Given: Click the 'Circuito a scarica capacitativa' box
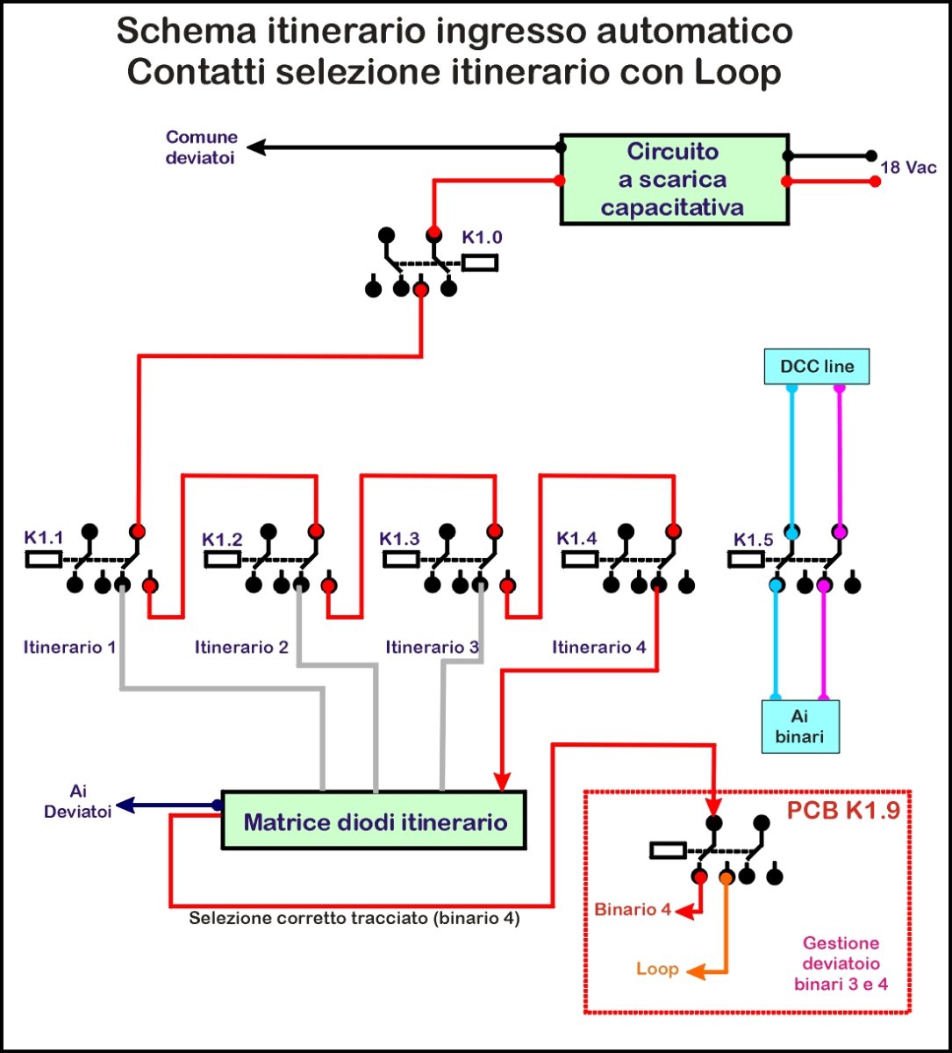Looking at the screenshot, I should pyautogui.click(x=674, y=179).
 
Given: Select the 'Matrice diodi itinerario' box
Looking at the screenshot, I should pyautogui.click(x=375, y=822).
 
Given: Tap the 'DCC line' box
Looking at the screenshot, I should pyautogui.click(x=816, y=367).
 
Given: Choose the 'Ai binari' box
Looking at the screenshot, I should pyautogui.click(x=799, y=726).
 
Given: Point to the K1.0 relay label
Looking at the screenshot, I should pyautogui.click(x=483, y=238).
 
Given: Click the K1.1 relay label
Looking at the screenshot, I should pyautogui.click(x=43, y=537).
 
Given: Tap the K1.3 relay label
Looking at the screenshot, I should pyautogui.click(x=400, y=537).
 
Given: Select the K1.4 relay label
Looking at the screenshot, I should pyautogui.click(x=577, y=537).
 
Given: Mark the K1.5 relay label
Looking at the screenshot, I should pyautogui.click(x=754, y=539).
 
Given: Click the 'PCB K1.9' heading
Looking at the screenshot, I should pyautogui.click(x=843, y=809).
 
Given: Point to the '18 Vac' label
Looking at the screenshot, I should pyautogui.click(x=909, y=167).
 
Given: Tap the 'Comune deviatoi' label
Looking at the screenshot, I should pyautogui.click(x=202, y=147).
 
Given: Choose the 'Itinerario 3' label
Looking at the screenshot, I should pyautogui.click(x=433, y=648).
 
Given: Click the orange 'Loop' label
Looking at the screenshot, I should pyautogui.click(x=658, y=969).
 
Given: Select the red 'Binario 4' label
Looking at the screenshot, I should pyautogui.click(x=633, y=909).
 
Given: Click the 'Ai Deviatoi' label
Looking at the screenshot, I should pyautogui.click(x=79, y=801).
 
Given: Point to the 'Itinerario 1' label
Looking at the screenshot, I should pyautogui.click(x=69, y=648).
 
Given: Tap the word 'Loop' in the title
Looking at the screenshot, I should pyautogui.click(x=738, y=72).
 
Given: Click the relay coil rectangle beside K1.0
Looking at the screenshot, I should pyautogui.click(x=480, y=261).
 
